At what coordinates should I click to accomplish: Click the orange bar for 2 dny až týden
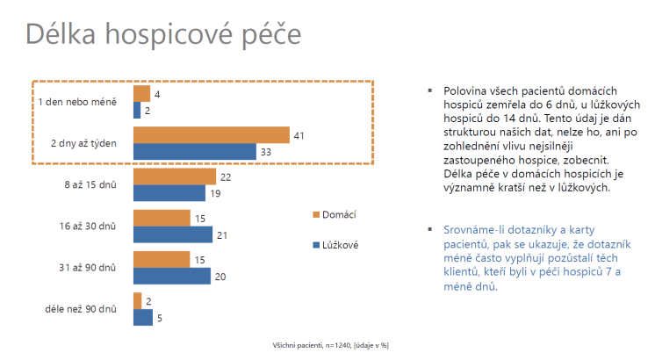pos(211,135)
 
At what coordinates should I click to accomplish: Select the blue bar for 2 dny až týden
pos(195,152)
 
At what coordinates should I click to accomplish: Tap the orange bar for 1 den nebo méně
pos(140,93)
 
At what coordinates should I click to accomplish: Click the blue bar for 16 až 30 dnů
pos(173,234)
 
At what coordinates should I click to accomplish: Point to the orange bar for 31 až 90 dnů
pos(162,260)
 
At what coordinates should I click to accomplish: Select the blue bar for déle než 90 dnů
pos(143,317)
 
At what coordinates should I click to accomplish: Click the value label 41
pos(299,135)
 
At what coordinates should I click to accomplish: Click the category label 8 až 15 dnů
pos(90,185)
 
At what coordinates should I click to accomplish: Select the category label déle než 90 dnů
pos(81,309)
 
